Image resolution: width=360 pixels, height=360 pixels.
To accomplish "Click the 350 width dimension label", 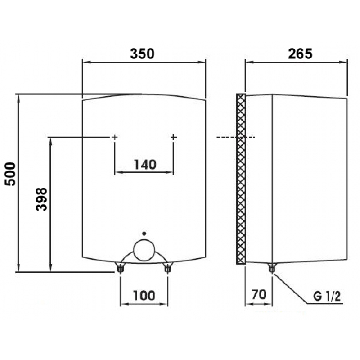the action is pos(142,54).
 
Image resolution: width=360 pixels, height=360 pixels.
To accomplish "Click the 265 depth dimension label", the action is pos(300,54).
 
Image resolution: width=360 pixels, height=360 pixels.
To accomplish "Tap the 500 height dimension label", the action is pos(10,174).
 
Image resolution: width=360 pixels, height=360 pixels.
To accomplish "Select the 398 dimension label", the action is pos(41,199).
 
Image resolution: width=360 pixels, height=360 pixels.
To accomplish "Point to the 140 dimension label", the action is pos(145,164).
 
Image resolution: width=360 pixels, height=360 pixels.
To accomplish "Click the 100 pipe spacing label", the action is pos(144,296).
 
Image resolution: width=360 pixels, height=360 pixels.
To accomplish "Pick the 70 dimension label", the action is pos(259,294).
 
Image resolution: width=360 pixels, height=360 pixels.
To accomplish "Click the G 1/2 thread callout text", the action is pos(327,297).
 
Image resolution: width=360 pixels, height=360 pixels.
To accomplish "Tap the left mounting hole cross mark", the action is pos(115,137).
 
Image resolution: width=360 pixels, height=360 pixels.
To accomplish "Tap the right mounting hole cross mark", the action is pos(174,137).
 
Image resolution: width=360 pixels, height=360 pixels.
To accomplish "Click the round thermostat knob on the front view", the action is pos(144,250).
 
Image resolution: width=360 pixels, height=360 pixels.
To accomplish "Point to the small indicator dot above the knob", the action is pos(144,234).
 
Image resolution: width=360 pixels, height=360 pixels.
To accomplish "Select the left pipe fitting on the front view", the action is pos(120,268).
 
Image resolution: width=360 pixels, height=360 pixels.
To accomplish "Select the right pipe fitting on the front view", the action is pos(167,268).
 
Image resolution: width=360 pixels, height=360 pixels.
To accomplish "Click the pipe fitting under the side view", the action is pos(272,268).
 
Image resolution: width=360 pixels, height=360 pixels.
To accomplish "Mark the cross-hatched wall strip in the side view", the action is pos(241,179).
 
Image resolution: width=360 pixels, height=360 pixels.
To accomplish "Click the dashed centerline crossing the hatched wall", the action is pos(236,137).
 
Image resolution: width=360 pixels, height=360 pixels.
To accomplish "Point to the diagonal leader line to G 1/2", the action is pos(290,288).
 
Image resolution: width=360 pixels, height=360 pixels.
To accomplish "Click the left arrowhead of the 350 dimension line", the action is pos(86,62).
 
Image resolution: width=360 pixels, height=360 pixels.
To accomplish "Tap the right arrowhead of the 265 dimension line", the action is pos(343,62).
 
